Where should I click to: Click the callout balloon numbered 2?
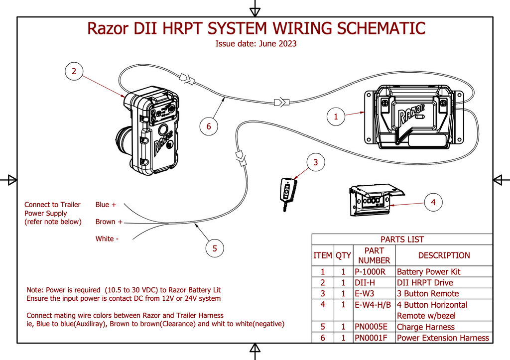[74, 71]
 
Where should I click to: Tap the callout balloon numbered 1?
[336, 117]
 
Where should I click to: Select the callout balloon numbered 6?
[209, 126]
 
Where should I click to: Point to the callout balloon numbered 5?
[215, 248]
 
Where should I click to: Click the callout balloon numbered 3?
[315, 162]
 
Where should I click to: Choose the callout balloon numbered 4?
[433, 202]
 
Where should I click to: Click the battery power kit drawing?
[415, 118]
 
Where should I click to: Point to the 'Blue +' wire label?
[106, 205]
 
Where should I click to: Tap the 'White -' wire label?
[107, 239]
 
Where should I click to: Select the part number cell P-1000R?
[370, 272]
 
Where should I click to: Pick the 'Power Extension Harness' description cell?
[443, 338]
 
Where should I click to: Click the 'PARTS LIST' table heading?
[402, 240]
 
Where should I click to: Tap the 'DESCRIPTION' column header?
[444, 255]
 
